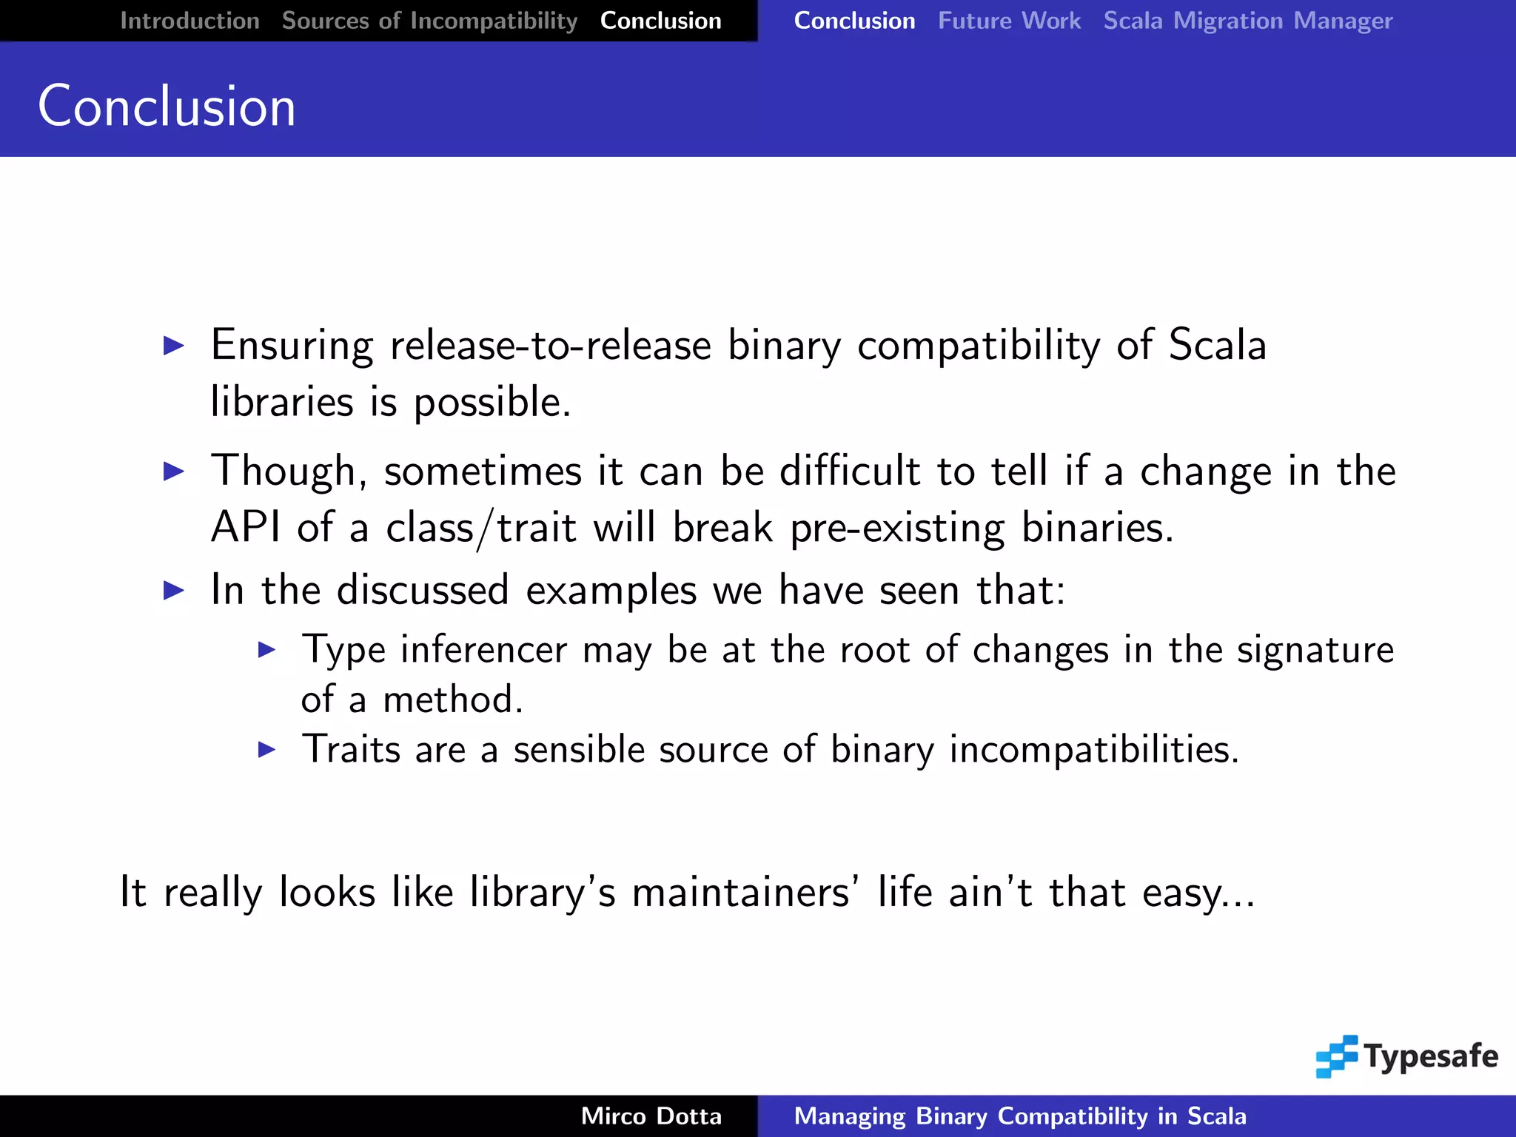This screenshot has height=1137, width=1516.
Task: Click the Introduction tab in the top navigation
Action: [x=189, y=21]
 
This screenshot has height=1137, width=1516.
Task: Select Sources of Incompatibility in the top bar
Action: [x=429, y=21]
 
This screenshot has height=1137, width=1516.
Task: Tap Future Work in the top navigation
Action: [x=1009, y=21]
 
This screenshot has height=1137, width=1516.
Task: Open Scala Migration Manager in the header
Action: [x=1248, y=21]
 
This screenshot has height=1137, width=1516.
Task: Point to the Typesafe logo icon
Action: [x=1337, y=1056]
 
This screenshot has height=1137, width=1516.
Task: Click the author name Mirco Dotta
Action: [x=651, y=1116]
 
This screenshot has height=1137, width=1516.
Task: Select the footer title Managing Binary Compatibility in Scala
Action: [x=1020, y=1116]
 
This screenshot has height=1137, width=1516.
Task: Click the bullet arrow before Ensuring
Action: [x=173, y=345]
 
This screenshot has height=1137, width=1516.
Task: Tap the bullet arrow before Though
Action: [x=173, y=471]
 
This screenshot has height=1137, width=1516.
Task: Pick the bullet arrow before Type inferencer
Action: [x=266, y=650]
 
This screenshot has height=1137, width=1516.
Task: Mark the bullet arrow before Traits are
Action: [x=266, y=750]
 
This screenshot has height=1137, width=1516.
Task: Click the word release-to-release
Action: [x=551, y=345]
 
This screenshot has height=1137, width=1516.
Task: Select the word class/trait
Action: [x=481, y=529]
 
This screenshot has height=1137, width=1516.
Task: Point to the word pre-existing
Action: [x=897, y=529]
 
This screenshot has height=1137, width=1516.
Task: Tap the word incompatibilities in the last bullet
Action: [x=1094, y=750]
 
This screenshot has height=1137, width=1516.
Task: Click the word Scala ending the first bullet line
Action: [x=1217, y=345]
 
